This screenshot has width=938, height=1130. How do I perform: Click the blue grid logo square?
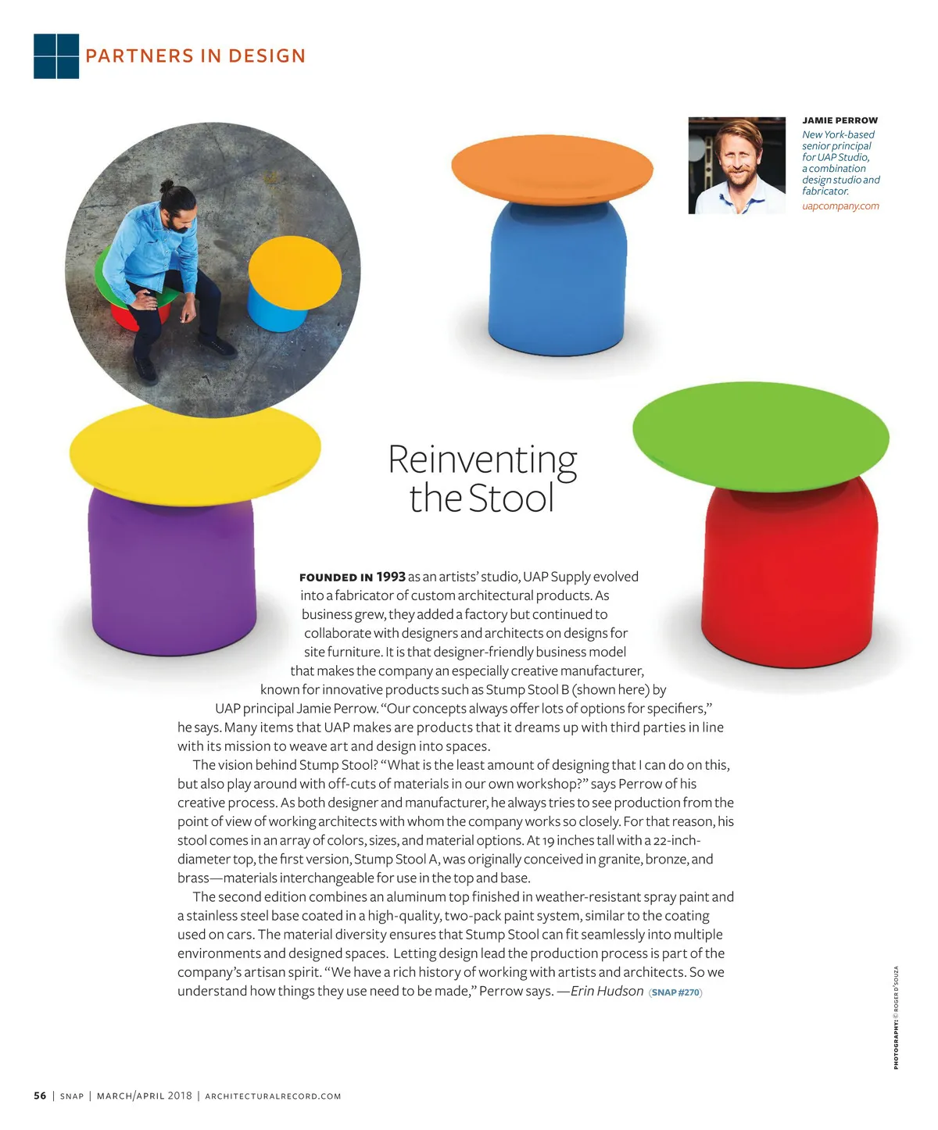click(x=56, y=56)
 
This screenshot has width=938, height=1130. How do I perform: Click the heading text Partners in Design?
click(x=195, y=56)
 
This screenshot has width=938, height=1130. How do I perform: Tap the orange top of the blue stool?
click(x=552, y=170)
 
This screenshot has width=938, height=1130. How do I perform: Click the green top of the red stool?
click(x=760, y=436)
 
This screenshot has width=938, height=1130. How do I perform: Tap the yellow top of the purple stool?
click(x=195, y=452)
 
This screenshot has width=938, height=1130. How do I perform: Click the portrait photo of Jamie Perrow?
click(x=736, y=166)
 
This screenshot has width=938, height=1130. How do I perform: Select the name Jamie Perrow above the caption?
click(x=840, y=120)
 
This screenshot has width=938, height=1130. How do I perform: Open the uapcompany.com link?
click(x=840, y=206)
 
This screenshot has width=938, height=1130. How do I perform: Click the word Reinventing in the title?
click(x=482, y=460)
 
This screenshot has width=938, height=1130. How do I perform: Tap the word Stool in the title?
click(x=511, y=499)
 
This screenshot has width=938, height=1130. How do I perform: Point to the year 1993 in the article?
click(x=391, y=577)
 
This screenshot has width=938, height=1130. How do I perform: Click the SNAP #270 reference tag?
click(x=676, y=992)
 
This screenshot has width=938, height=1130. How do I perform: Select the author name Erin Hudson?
click(x=607, y=991)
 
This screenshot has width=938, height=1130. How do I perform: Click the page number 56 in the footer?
click(x=40, y=1096)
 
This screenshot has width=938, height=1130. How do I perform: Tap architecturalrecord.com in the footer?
click(x=273, y=1096)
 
